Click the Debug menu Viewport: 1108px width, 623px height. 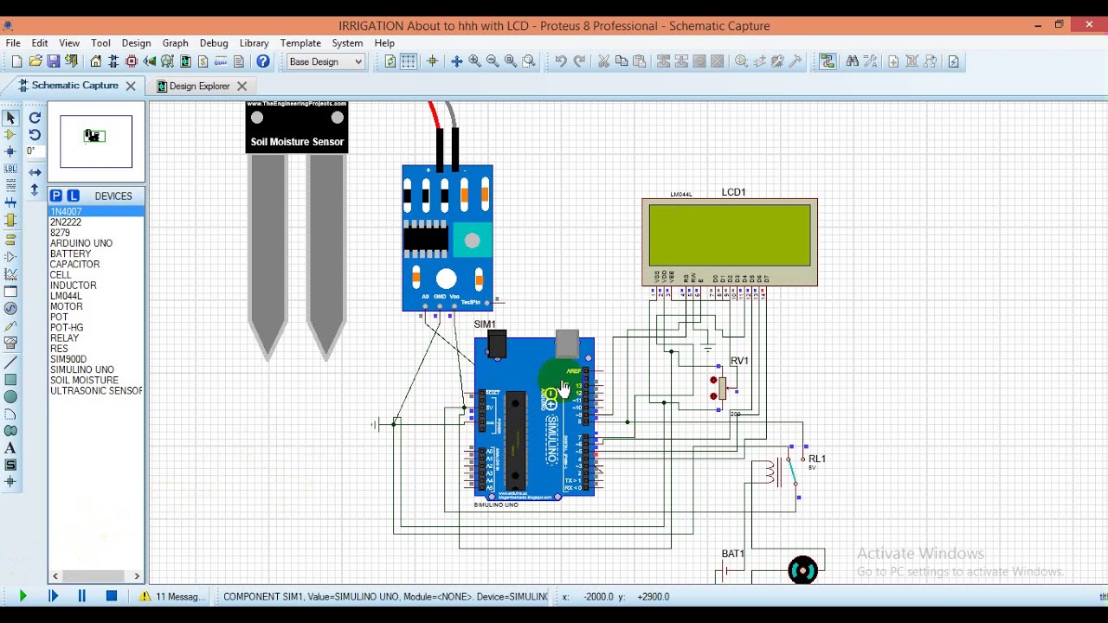214,43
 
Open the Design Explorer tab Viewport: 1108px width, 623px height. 199,87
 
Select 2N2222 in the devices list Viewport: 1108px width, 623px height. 66,222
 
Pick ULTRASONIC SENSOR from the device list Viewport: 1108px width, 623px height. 95,391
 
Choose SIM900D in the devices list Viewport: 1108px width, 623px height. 68,359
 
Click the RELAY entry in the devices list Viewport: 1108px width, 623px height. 64,338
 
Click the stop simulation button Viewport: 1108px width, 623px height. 112,596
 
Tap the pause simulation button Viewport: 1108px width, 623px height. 82,596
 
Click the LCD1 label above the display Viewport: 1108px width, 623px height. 733,192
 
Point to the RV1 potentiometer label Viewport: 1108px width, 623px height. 739,361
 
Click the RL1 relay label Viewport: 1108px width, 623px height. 816,459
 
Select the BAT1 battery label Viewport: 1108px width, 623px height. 732,554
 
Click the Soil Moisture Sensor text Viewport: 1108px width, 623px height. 297,142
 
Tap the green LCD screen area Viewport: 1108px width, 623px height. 730,234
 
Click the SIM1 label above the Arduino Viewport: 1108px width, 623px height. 485,324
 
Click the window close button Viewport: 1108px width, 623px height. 1089,25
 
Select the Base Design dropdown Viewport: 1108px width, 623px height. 325,61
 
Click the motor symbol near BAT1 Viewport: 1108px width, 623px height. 802,570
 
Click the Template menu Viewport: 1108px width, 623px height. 300,43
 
